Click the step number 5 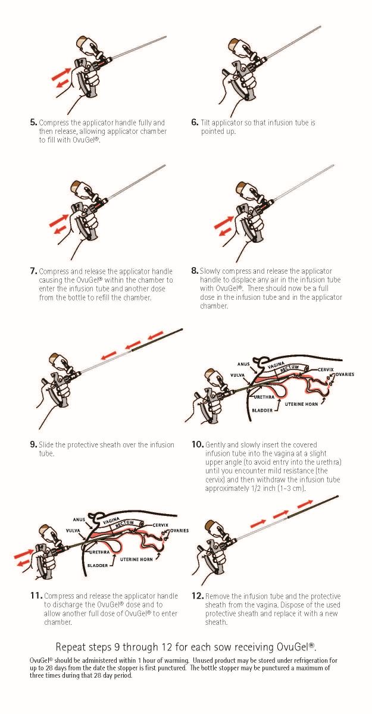tap(33, 123)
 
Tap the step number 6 tap(195, 123)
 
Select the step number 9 tap(33, 444)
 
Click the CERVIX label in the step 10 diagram tap(326, 369)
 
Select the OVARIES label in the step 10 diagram tap(345, 375)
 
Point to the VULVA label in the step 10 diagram tap(239, 375)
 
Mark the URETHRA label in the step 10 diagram tap(264, 396)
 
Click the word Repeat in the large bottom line tap(71, 647)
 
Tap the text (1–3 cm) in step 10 tap(289, 488)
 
